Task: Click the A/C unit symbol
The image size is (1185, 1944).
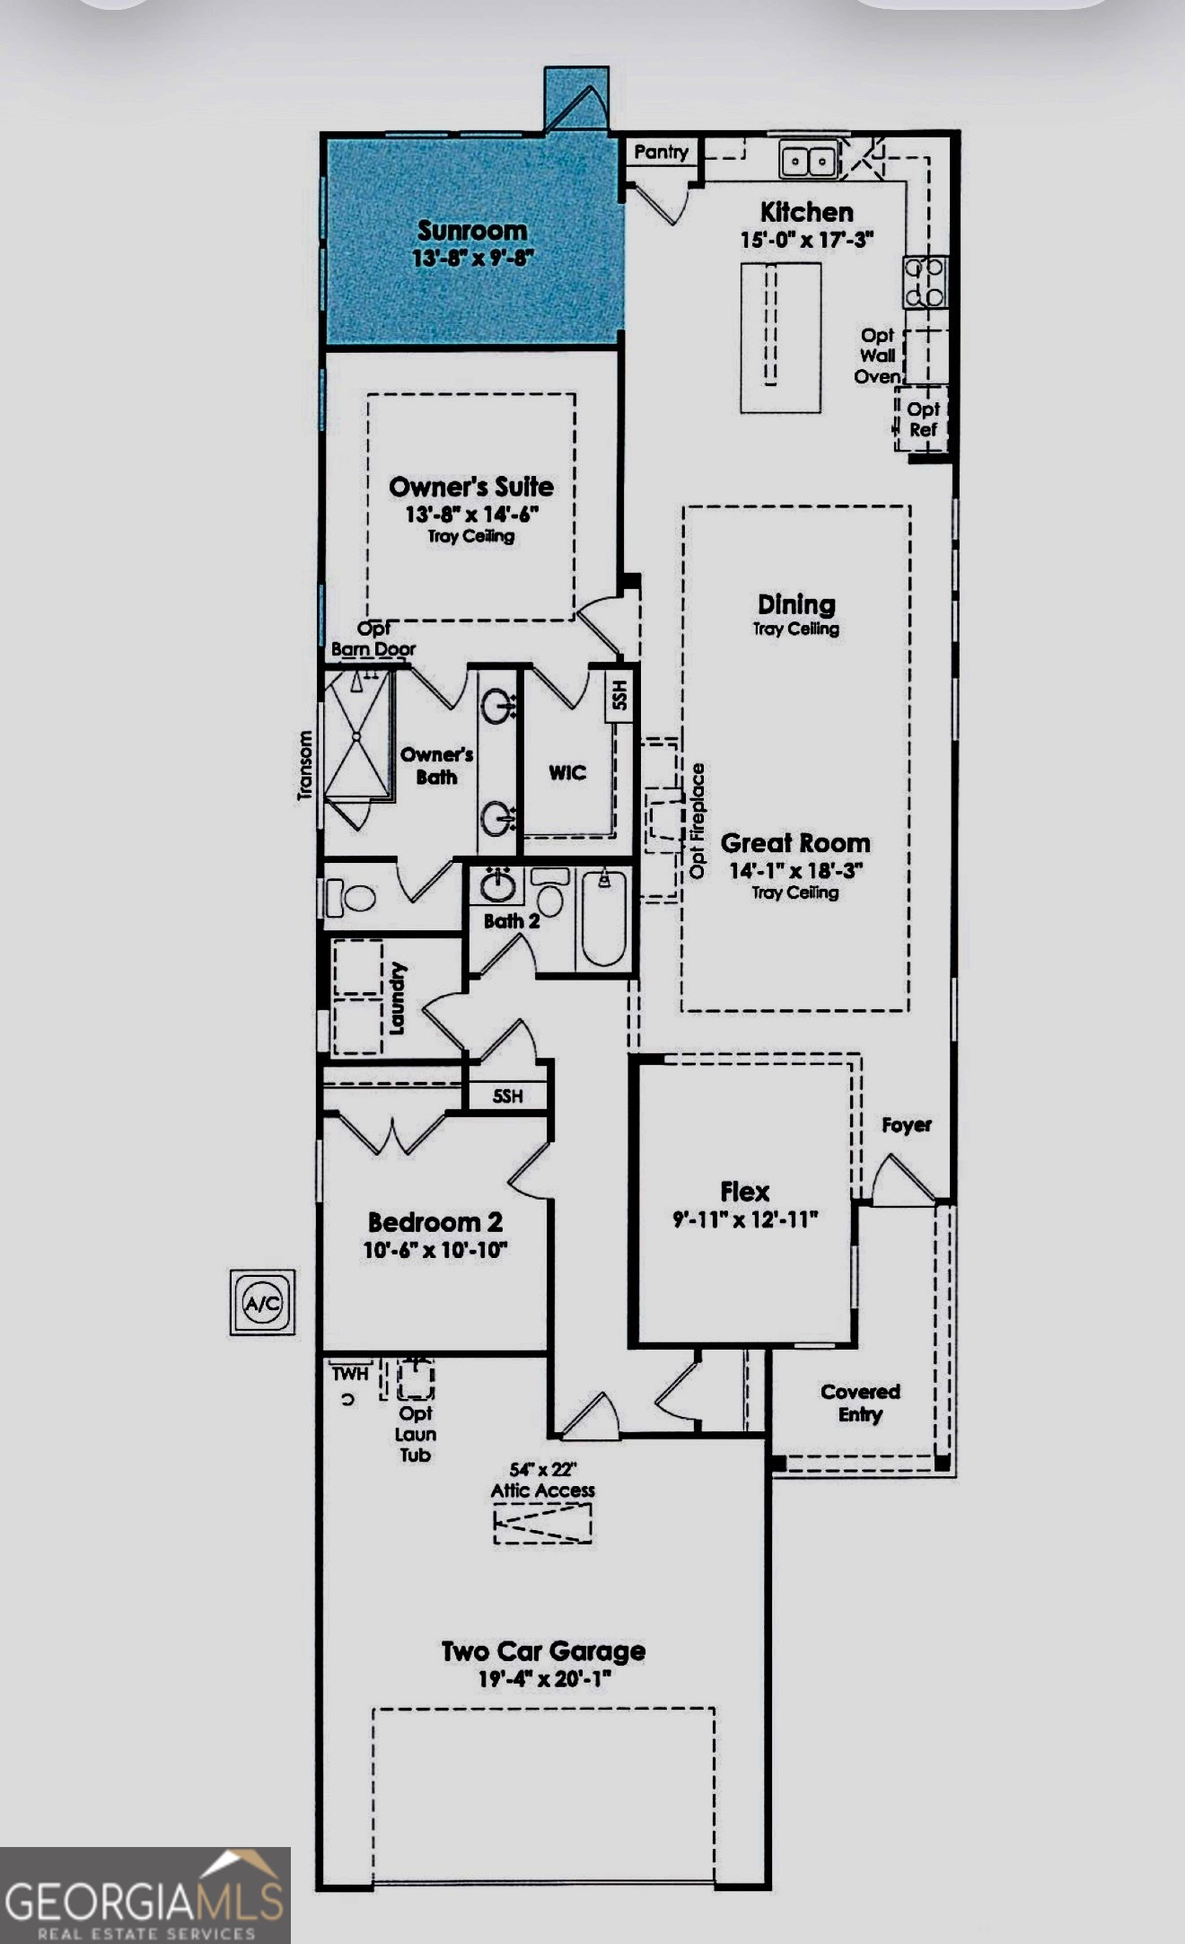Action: [262, 1302]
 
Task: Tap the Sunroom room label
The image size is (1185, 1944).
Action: [472, 231]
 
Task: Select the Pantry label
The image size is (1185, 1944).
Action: [661, 152]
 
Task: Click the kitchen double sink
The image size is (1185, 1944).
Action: [809, 161]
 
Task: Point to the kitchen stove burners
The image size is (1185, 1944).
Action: [925, 281]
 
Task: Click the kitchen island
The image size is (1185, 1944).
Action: [780, 338]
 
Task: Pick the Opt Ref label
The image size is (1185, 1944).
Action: [923, 419]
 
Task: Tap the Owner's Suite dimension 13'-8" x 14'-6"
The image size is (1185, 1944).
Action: [471, 515]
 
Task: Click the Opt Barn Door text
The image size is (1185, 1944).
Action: [373, 638]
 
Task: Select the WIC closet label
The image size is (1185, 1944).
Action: [567, 772]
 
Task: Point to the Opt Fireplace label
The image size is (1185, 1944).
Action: [698, 821]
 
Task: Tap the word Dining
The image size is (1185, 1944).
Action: [796, 604]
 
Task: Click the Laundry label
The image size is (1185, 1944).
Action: [398, 998]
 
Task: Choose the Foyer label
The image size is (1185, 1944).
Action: [906, 1125]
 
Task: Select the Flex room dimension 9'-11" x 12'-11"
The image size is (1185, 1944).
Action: [745, 1219]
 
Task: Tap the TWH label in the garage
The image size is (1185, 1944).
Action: [349, 1374]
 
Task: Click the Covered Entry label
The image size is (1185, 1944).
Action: [860, 1403]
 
